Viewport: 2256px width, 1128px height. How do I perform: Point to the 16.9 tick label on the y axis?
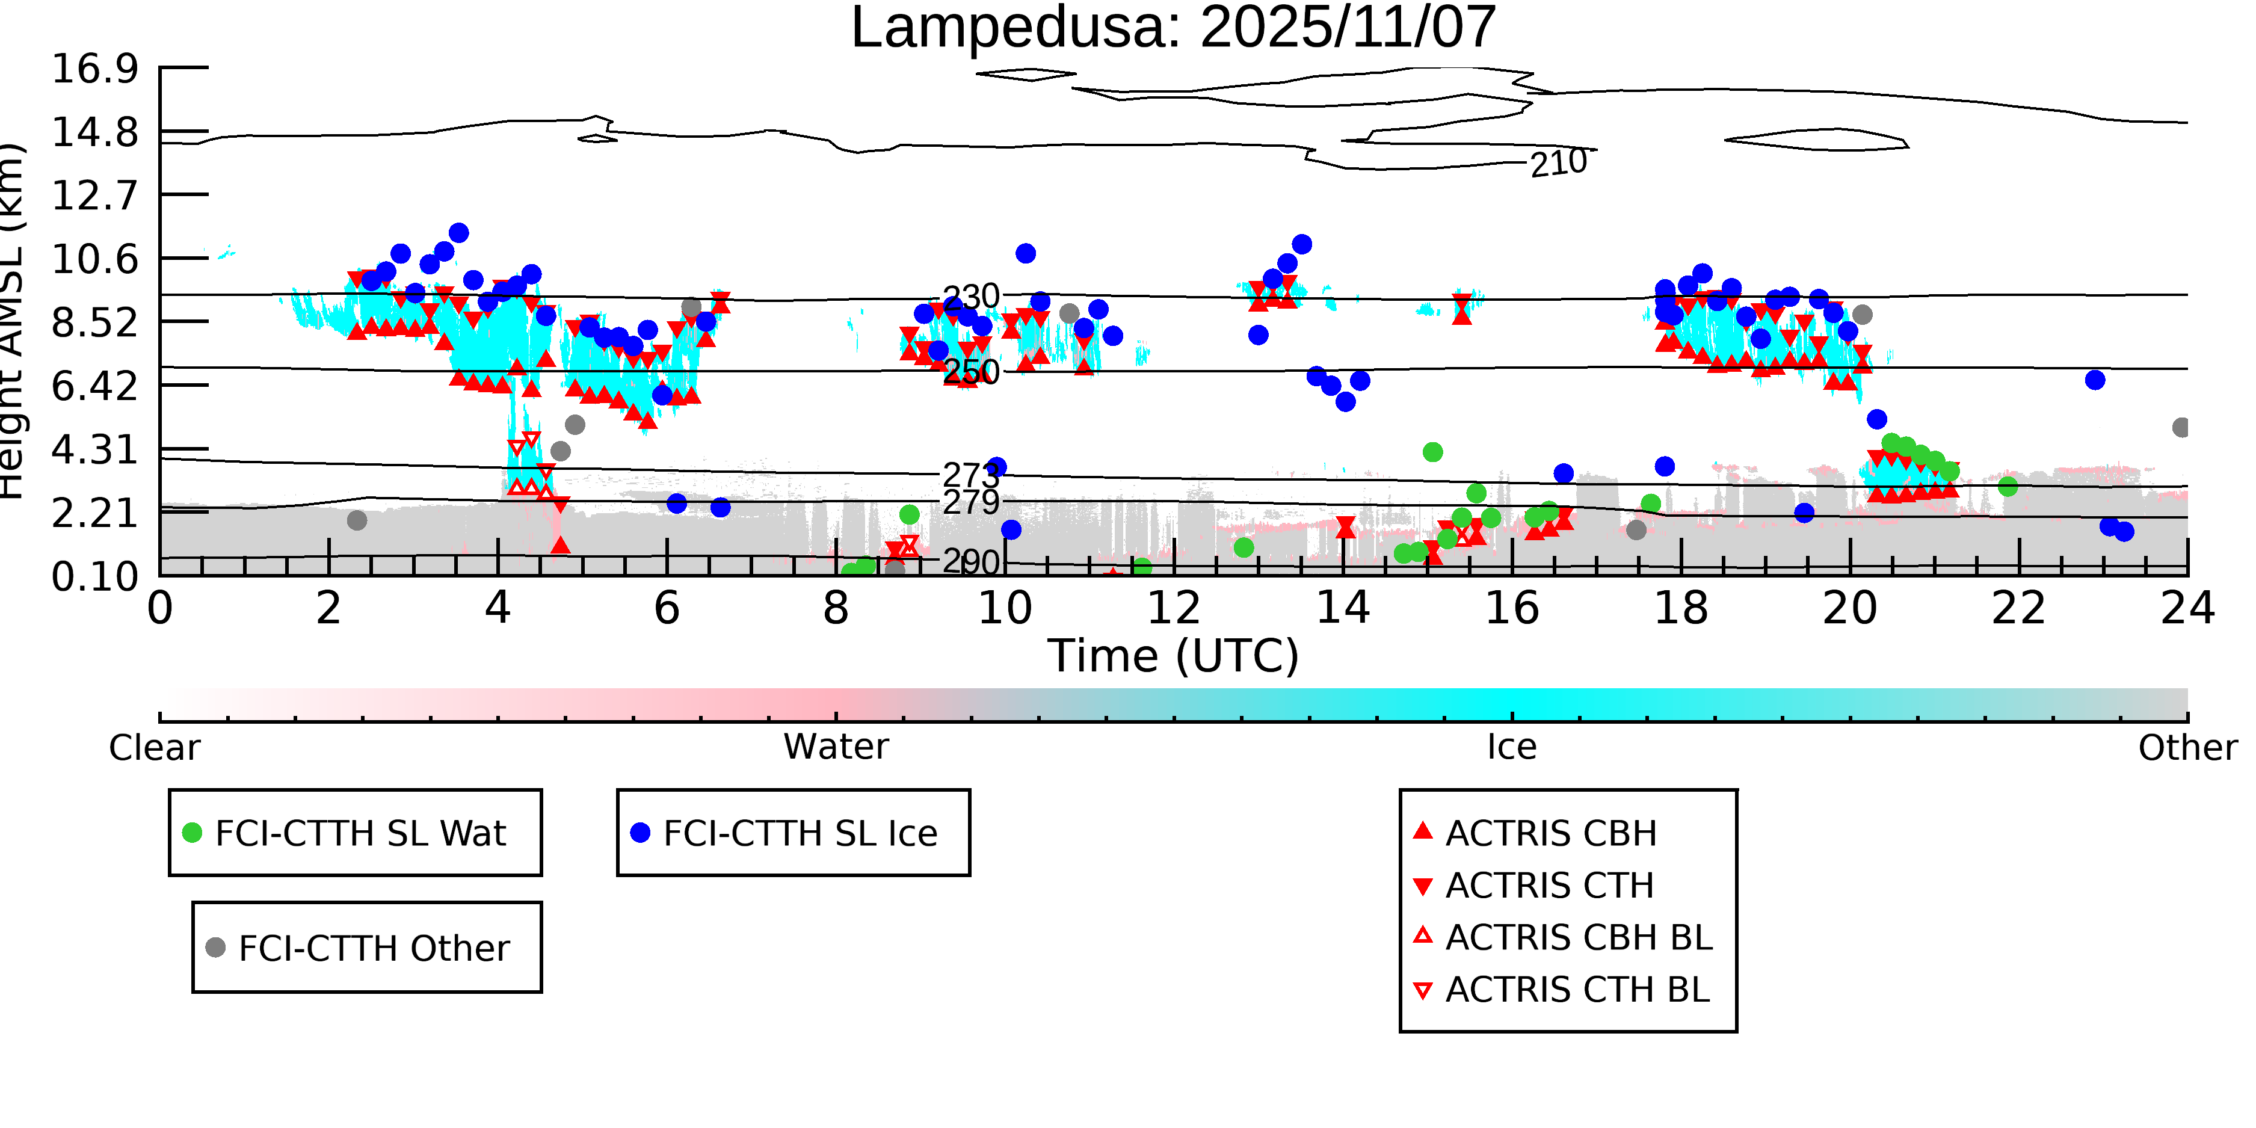tap(94, 69)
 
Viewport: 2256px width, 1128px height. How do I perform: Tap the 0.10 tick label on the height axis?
tap(94, 576)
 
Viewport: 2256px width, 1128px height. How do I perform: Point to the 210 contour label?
tap(1558, 163)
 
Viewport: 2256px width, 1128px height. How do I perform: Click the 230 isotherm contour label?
tap(970, 297)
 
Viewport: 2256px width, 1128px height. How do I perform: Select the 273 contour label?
tap(970, 475)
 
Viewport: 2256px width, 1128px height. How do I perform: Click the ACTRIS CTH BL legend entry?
tap(1576, 990)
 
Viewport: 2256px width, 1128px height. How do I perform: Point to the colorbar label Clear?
tap(154, 748)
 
